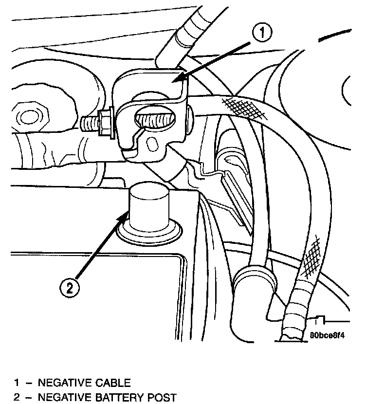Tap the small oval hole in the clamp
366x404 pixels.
pos(153,144)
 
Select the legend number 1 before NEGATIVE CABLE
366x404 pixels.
pos(16,383)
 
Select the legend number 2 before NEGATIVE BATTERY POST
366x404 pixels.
pos(16,398)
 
